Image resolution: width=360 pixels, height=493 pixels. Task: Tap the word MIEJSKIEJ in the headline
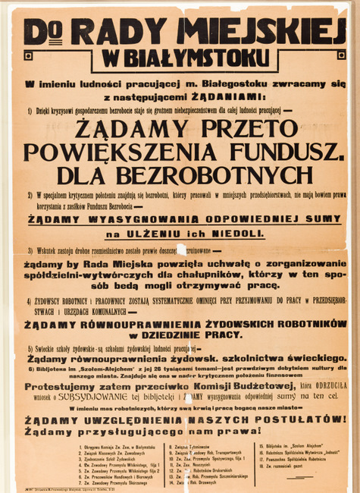click(261, 31)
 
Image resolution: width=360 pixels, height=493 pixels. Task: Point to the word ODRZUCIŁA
click(327, 385)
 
